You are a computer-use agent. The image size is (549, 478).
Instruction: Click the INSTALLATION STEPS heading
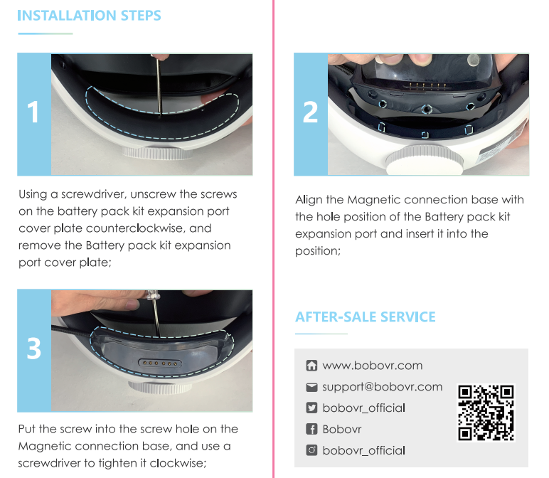pyautogui.click(x=90, y=16)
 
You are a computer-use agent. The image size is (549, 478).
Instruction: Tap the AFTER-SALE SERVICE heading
pyautogui.click(x=366, y=317)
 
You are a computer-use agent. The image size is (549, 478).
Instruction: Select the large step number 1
pyautogui.click(x=33, y=112)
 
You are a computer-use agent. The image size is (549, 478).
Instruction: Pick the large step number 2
pyautogui.click(x=310, y=112)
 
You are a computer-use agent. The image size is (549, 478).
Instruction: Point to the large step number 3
pyautogui.click(x=34, y=349)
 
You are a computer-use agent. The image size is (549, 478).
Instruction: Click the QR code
pyautogui.click(x=486, y=413)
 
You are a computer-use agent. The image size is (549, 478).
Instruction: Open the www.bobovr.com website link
pyautogui.click(x=372, y=366)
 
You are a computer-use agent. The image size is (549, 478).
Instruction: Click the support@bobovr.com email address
pyautogui.click(x=383, y=387)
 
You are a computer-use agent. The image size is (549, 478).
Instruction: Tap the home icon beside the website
pyautogui.click(x=311, y=366)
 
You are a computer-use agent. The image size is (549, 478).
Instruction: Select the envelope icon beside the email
pyautogui.click(x=311, y=387)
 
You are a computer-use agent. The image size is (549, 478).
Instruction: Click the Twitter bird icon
pyautogui.click(x=311, y=408)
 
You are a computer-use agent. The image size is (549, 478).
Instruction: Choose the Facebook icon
pyautogui.click(x=311, y=430)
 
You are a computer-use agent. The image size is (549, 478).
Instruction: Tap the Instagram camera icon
pyautogui.click(x=311, y=450)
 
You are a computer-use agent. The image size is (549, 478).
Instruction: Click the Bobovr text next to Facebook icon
pyautogui.click(x=342, y=430)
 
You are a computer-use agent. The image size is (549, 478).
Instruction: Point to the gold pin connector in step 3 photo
pyautogui.click(x=160, y=363)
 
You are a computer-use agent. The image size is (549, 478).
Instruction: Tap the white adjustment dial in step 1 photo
pyautogui.click(x=157, y=153)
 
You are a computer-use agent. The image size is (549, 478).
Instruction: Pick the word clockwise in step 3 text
pyautogui.click(x=178, y=463)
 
